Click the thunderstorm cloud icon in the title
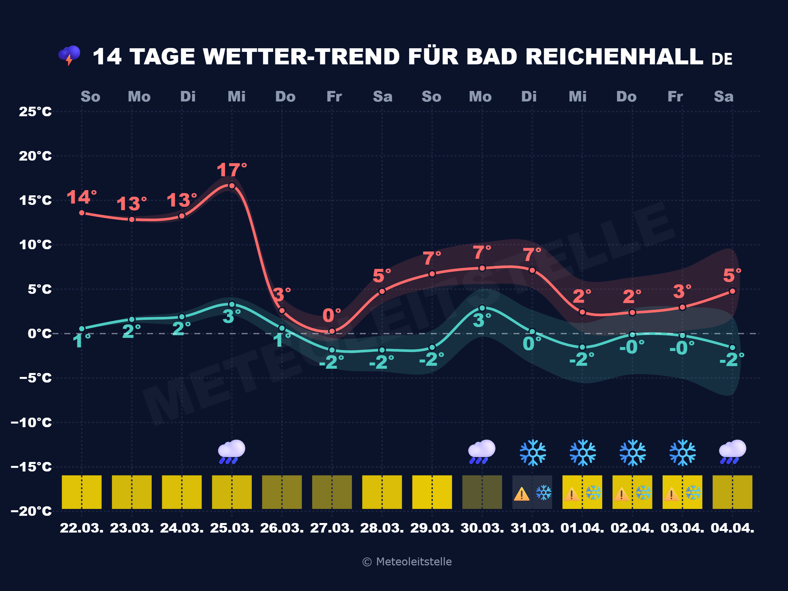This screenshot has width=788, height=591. coord(70,55)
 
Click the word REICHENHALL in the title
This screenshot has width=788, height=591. coord(614,57)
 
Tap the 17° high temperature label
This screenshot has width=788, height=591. coord(231,170)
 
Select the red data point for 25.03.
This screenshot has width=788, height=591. coord(232,186)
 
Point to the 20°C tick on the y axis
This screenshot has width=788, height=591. coord(35,156)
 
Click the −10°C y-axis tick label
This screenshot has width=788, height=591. coord(31,423)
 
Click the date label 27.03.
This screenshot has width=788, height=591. coord(332,528)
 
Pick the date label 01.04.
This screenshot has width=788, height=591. coord(582,528)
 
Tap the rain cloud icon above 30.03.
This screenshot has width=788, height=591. coord(482,452)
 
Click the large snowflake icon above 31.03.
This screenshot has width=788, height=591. coord(533,452)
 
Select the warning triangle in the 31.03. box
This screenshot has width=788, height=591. coord(521,494)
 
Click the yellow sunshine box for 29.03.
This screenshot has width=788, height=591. coord(432,492)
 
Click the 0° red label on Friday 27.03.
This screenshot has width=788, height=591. coord(331,315)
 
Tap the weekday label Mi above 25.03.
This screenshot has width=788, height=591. coord(236,97)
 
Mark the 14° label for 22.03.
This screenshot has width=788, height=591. coord(81,197)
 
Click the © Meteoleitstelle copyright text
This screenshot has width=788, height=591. coord(407,562)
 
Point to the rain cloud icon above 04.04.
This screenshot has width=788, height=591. coord(732,452)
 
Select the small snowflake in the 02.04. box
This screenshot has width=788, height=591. coord(643,493)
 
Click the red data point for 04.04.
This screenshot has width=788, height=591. coord(733,291)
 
